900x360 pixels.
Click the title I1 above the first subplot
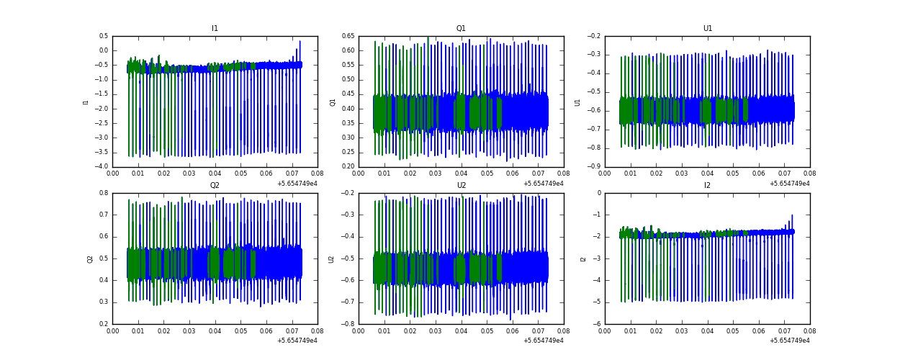tap(215, 29)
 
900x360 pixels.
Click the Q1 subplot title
tap(461, 29)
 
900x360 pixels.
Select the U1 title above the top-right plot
tap(708, 29)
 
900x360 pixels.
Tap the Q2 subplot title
tap(215, 186)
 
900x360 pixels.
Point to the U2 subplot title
tap(461, 186)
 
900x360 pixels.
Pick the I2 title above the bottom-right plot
tap(708, 186)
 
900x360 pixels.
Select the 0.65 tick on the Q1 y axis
tap(347, 36)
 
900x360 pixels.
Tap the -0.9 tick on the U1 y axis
tap(593, 167)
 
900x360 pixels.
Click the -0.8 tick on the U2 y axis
tap(347, 324)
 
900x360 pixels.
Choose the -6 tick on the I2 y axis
tap(598, 324)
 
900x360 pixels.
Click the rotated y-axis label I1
tap(86, 102)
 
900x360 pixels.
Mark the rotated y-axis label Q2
tap(91, 258)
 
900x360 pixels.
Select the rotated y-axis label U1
tap(577, 102)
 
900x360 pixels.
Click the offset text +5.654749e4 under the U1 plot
tap(789, 184)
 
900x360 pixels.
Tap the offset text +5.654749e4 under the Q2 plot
tap(297, 341)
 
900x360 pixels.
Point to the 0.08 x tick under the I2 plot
tap(810, 332)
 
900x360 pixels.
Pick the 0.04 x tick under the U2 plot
tap(461, 332)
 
